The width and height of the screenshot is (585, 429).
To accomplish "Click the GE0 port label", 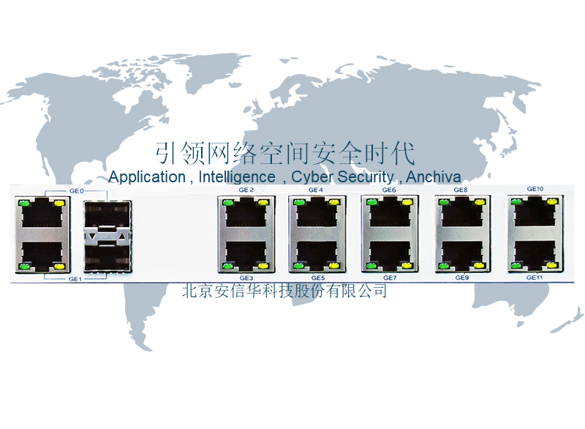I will coord(76,190).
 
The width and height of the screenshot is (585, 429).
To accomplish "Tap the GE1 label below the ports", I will coord(76,279).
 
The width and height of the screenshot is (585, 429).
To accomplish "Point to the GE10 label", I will coord(535,189).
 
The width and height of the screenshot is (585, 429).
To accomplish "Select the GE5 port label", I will coord(317,278).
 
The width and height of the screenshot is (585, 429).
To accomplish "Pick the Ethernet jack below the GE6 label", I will coord(389,213).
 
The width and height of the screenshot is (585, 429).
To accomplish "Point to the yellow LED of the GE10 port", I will coord(553,201).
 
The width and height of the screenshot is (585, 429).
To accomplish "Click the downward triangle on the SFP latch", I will coord(91,238).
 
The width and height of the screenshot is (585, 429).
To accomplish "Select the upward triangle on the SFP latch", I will coord(121,238).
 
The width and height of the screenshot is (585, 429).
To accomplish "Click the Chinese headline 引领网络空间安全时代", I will coord(285,154).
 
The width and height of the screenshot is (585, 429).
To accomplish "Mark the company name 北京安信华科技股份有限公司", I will coord(284,291).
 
